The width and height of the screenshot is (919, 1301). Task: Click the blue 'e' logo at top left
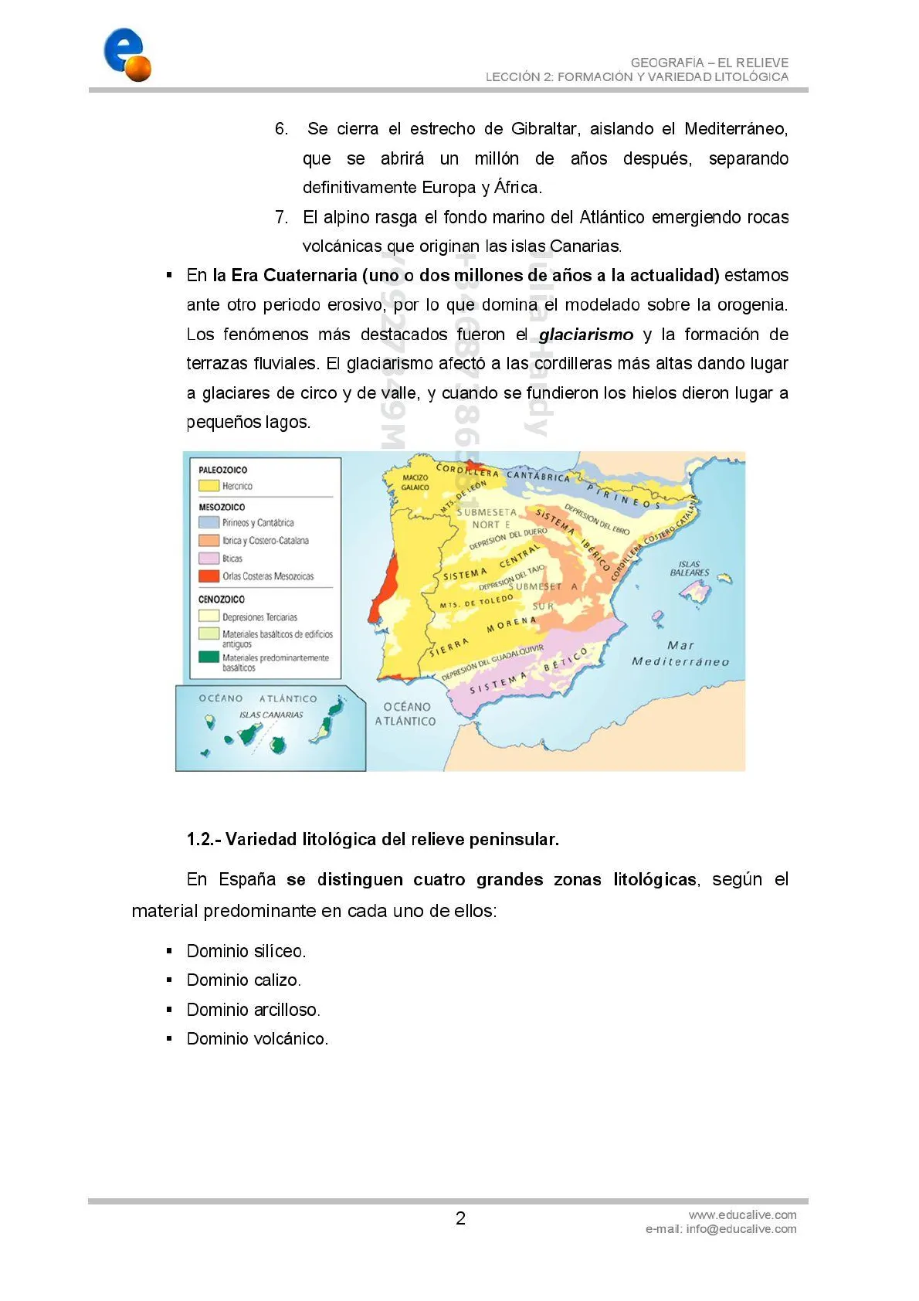(125, 54)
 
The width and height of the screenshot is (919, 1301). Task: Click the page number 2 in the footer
(460, 1218)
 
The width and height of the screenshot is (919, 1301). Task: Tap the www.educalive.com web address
(742, 1214)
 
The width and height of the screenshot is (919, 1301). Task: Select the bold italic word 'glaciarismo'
(585, 335)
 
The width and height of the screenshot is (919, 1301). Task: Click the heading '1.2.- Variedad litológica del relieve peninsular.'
(372, 839)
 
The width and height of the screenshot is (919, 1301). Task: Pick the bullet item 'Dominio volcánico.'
(257, 1038)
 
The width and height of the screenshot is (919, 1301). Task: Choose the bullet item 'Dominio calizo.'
(243, 980)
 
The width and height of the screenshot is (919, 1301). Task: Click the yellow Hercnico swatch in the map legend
(209, 486)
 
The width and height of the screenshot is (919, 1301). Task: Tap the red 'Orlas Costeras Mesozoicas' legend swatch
(209, 576)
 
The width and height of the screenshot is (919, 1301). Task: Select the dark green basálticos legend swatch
(209, 657)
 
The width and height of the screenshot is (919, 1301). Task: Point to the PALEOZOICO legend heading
(222, 470)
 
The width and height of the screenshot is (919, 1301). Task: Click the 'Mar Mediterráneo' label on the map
(680, 654)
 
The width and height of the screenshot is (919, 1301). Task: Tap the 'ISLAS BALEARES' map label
(690, 569)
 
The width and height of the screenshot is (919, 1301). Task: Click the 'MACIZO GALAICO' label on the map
(415, 482)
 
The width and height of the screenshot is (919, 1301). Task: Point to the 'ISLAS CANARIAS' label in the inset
(270, 715)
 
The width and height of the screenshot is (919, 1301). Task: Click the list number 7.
(281, 217)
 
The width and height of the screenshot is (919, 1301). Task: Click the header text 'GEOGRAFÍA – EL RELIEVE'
(709, 63)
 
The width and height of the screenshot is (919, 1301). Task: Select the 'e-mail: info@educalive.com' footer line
(721, 1229)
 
